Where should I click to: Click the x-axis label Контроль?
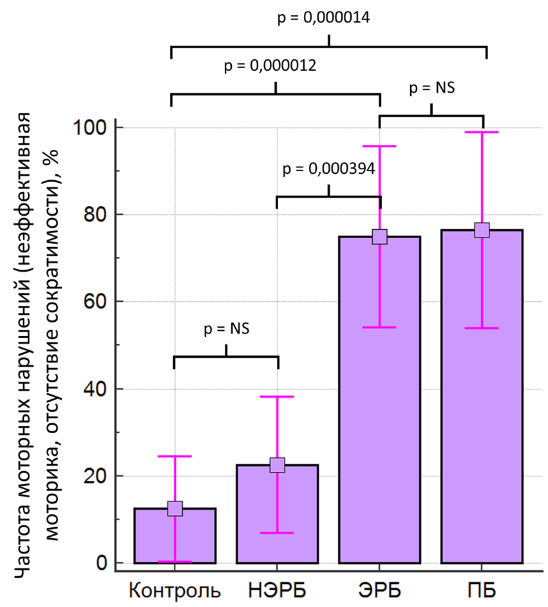click(175, 590)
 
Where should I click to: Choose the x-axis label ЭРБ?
click(380, 590)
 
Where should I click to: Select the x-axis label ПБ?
click(482, 590)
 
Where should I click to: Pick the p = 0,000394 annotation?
click(329, 169)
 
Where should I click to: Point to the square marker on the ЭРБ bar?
click(380, 236)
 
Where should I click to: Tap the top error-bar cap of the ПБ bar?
click(482, 132)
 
